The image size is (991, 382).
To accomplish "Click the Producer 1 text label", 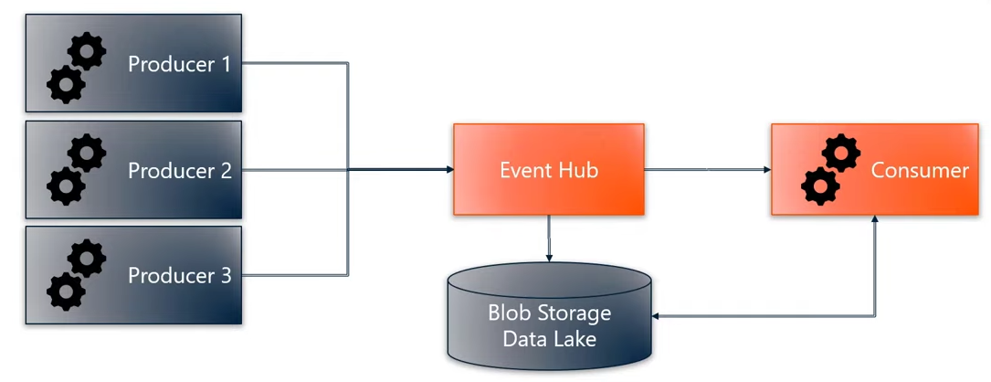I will (x=180, y=65).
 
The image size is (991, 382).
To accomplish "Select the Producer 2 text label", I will (x=180, y=171).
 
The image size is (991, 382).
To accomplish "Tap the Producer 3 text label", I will (x=180, y=275).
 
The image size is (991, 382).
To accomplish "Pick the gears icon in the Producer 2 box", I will (x=77, y=170).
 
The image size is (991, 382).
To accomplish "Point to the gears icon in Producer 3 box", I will (x=77, y=275).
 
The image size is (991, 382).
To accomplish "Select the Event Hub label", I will (x=549, y=170).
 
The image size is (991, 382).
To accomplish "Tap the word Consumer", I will (x=920, y=170).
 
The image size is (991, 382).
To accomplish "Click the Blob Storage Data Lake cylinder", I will (x=550, y=315).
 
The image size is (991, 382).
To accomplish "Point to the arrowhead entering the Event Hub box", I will (x=448, y=170).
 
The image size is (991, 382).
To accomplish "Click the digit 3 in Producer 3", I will (x=226, y=275).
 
